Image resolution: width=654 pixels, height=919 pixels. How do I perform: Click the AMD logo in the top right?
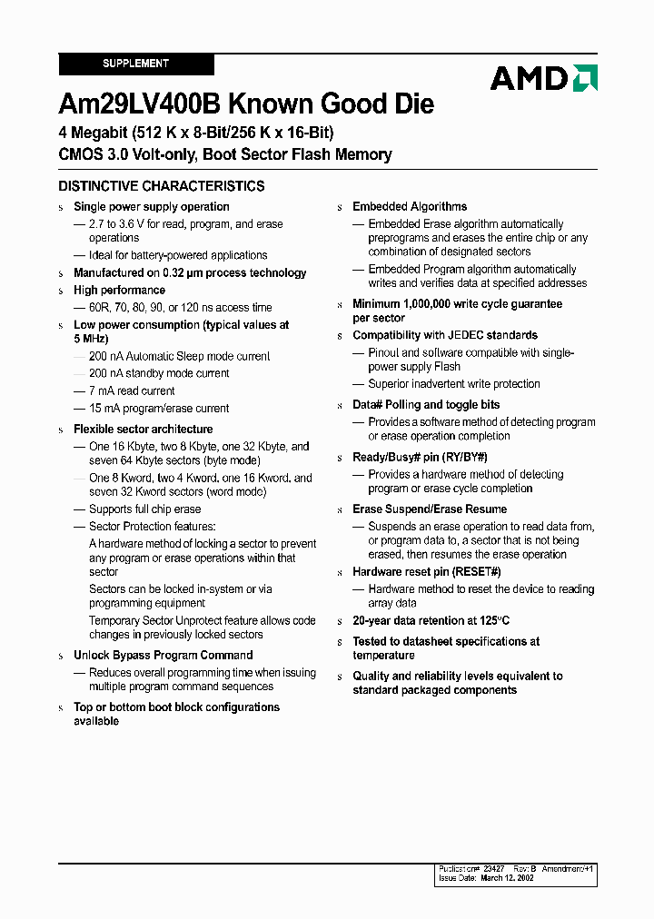pos(543,78)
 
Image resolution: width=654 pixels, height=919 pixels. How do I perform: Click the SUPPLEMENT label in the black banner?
pos(135,64)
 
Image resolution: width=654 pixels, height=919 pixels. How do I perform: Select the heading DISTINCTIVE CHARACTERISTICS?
pos(162,186)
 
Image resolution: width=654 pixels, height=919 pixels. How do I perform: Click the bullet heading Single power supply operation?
pos(151,207)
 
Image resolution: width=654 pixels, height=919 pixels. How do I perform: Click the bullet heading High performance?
pos(119,291)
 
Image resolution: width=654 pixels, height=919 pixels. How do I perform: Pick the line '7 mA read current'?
pos(132,391)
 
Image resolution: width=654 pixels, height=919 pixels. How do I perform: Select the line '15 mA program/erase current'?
pos(159,409)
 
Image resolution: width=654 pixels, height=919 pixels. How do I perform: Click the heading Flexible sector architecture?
pos(143,430)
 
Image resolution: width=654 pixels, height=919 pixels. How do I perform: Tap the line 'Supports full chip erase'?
pos(144,509)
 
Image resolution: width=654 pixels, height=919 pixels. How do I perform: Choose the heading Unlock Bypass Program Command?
pos(163,656)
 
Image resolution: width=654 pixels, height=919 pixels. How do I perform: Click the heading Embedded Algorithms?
pos(410,207)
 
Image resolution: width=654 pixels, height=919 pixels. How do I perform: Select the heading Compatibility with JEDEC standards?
pos(445,336)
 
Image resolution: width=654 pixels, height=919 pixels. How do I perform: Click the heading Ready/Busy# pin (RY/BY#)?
pos(420,458)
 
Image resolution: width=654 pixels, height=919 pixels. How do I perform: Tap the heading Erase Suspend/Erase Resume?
pos(430,509)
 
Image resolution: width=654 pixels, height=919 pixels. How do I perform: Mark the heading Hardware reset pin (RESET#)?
pos(426,572)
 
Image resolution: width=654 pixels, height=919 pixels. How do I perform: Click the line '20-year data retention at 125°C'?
pos(431,622)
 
